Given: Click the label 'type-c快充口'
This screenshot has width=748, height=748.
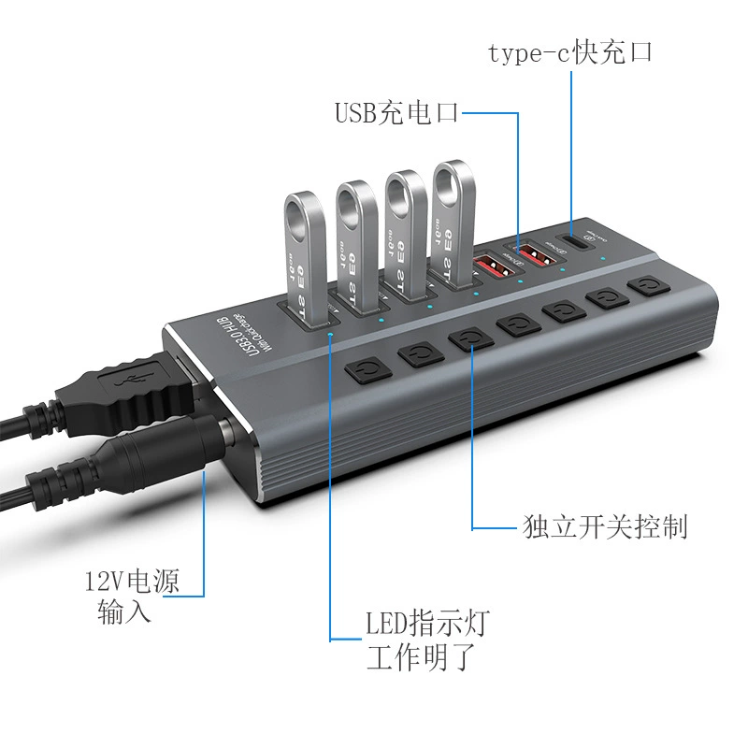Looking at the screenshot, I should click(x=569, y=52).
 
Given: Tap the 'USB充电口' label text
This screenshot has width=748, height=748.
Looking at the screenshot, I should click(x=396, y=114).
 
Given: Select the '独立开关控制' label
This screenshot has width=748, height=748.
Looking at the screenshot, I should click(x=605, y=526).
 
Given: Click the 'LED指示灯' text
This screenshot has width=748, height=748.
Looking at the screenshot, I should click(x=427, y=623).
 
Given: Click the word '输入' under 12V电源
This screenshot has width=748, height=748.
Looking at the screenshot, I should click(x=124, y=615).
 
